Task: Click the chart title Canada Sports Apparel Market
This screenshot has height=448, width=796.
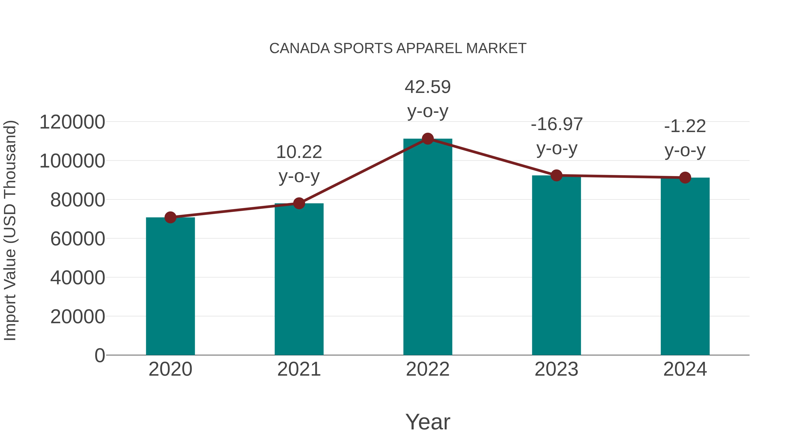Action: coord(398,48)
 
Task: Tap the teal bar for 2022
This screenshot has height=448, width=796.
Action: coord(428,247)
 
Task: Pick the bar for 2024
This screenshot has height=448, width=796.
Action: coord(685,266)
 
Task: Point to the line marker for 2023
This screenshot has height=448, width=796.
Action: coord(556,175)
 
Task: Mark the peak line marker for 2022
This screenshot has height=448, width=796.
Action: coord(428,139)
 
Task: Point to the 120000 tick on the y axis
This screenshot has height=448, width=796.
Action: coord(72,122)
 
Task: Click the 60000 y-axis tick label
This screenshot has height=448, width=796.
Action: coord(78,239)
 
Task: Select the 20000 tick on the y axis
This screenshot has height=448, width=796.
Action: coord(78,317)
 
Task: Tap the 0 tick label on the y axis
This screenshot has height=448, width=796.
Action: coord(99,356)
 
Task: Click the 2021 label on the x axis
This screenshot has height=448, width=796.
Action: coord(299,369)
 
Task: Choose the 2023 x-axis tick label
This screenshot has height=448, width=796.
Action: coord(556,369)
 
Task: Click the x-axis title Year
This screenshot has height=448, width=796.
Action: coord(428,422)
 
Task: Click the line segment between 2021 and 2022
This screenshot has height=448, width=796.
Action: coord(363,171)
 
